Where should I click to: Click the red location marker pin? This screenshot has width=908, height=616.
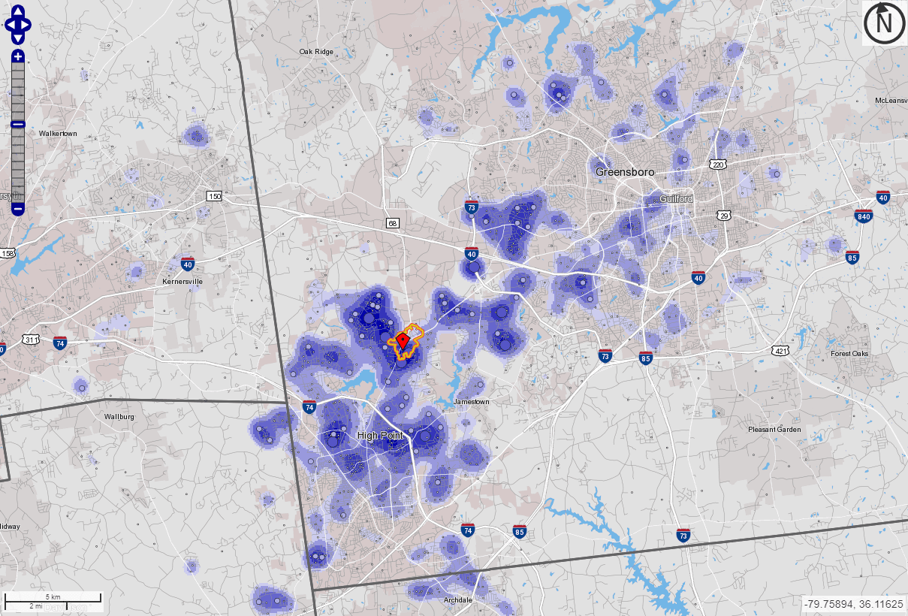403,341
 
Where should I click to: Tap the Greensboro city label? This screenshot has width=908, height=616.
625,172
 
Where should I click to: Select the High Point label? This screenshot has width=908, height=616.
380,436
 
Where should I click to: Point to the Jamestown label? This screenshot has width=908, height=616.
472,402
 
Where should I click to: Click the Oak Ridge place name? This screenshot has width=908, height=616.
315,52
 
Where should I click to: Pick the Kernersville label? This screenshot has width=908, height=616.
183,282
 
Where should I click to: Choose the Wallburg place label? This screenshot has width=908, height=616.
119,416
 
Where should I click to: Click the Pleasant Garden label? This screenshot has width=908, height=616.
774,430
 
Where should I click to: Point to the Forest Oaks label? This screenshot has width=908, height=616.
849,354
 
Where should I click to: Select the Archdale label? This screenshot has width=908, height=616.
457,600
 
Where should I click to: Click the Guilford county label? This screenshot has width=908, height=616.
677,198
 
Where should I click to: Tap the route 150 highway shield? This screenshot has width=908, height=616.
215,196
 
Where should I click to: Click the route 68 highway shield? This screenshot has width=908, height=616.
393,223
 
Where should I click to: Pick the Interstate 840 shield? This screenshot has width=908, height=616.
864,216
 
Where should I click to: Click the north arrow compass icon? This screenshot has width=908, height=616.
884,23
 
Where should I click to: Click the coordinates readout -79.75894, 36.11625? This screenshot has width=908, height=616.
853,604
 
